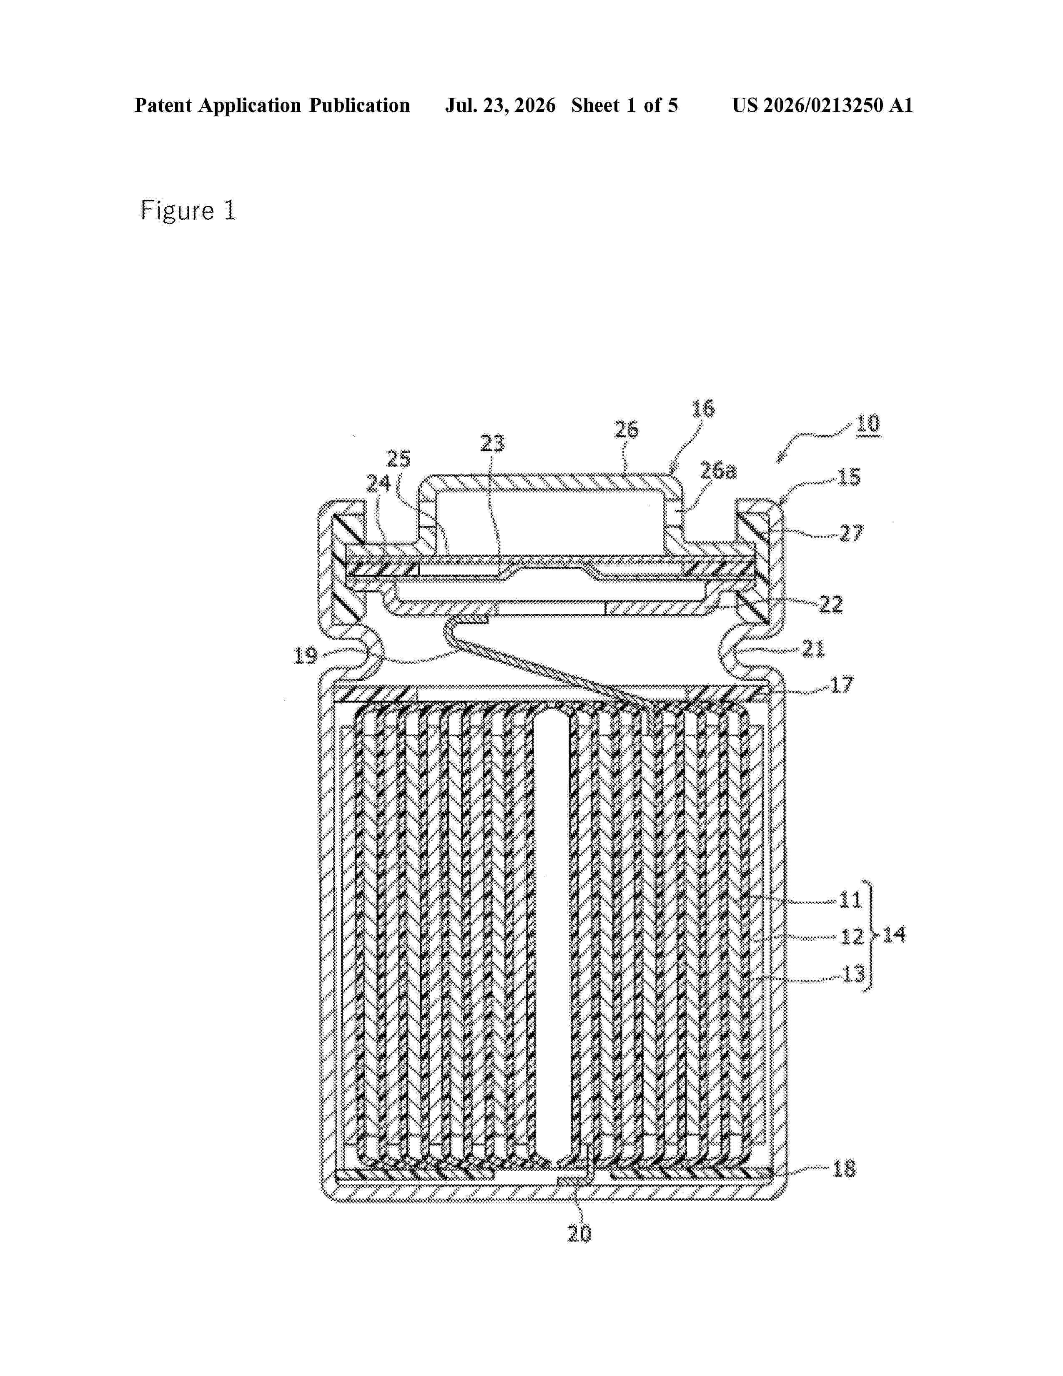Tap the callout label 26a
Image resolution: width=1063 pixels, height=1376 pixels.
(718, 470)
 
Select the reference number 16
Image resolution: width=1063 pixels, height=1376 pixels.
(703, 409)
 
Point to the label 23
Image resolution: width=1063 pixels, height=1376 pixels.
(492, 444)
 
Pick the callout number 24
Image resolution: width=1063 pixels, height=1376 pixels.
(379, 483)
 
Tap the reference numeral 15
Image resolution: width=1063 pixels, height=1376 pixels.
(848, 477)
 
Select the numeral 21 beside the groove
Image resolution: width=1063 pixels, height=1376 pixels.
(812, 648)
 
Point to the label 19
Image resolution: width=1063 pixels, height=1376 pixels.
(306, 656)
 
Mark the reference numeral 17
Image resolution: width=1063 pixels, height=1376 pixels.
(842, 684)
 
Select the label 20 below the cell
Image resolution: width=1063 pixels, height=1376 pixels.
(579, 1234)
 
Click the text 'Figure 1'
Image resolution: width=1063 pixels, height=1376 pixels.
(188, 211)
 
